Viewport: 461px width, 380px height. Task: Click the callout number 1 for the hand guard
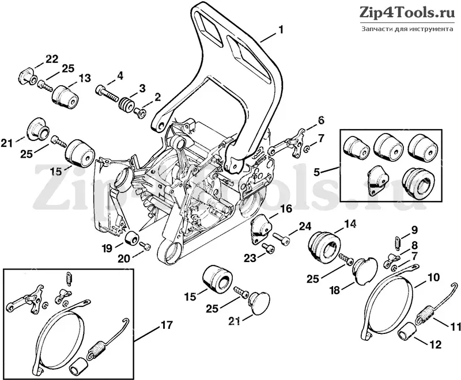point(281,30)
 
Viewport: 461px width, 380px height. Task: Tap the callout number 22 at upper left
point(52,59)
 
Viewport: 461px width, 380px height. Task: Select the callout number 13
point(84,78)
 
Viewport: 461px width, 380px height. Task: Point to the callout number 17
point(167,325)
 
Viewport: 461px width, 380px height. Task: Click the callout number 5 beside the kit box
point(316,172)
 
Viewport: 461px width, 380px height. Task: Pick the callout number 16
point(286,209)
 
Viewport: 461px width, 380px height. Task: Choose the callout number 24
point(305,226)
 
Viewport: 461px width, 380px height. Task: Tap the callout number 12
point(436,344)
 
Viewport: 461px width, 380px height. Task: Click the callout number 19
point(107,248)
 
